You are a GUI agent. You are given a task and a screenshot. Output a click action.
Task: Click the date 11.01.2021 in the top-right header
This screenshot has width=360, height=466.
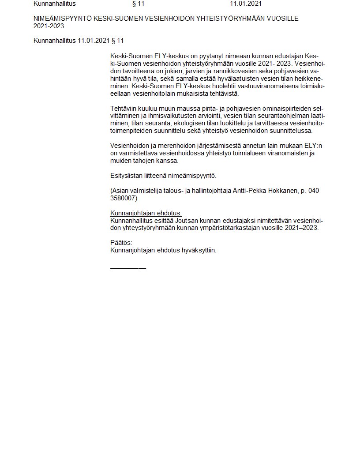(246, 4)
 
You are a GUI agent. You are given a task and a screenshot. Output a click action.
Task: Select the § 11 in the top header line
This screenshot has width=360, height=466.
(138, 4)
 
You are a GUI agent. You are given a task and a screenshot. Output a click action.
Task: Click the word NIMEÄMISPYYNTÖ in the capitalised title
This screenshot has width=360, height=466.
(63, 19)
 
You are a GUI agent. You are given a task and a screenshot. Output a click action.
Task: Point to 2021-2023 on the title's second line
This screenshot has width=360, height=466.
(49, 26)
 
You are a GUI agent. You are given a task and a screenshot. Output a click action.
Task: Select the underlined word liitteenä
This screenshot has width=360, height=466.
(155, 176)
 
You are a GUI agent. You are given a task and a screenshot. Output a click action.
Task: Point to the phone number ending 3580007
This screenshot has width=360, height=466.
(124, 198)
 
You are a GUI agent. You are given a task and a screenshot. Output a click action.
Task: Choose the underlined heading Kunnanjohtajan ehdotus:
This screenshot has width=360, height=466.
(146, 213)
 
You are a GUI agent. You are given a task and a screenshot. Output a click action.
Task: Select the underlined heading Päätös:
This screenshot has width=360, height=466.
(121, 243)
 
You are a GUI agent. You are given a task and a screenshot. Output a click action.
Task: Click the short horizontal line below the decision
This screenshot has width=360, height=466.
(128, 268)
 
